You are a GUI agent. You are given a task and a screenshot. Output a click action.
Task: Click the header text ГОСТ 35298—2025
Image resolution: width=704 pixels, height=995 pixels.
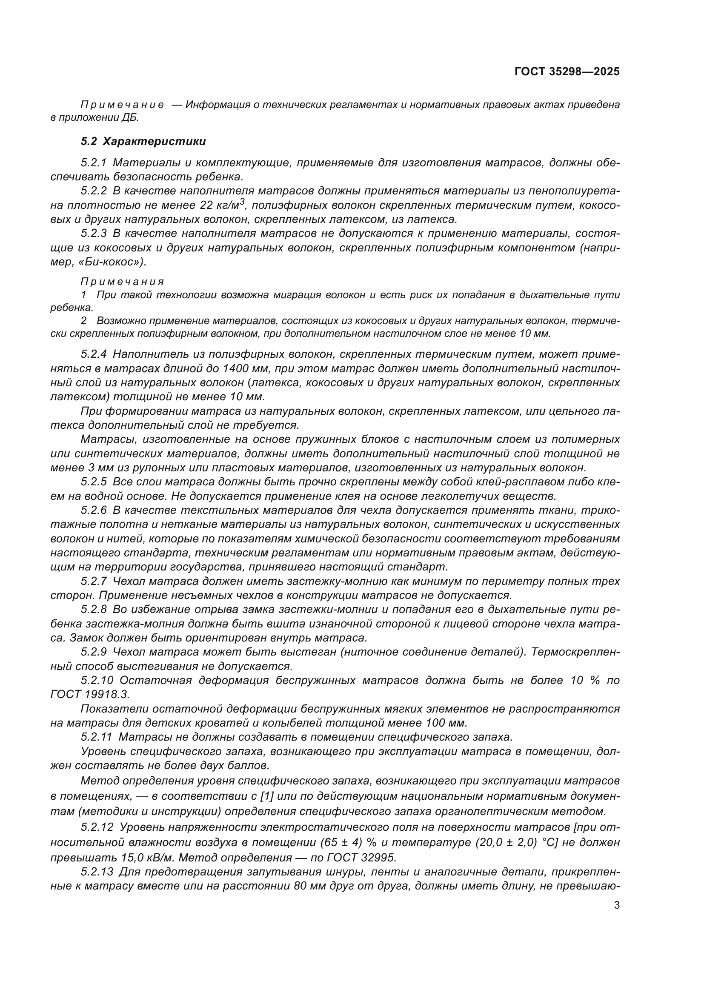pos(567,71)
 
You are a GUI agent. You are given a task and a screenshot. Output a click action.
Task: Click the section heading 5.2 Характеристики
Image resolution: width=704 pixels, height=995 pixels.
pos(143,141)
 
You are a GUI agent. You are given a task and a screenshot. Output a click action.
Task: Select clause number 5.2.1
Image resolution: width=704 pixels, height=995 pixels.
pos(94,163)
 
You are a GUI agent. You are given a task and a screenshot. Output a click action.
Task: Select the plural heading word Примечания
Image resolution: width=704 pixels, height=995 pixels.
pos(122,282)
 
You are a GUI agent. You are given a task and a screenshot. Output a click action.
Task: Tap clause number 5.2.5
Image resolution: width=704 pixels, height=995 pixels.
pos(94,482)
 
